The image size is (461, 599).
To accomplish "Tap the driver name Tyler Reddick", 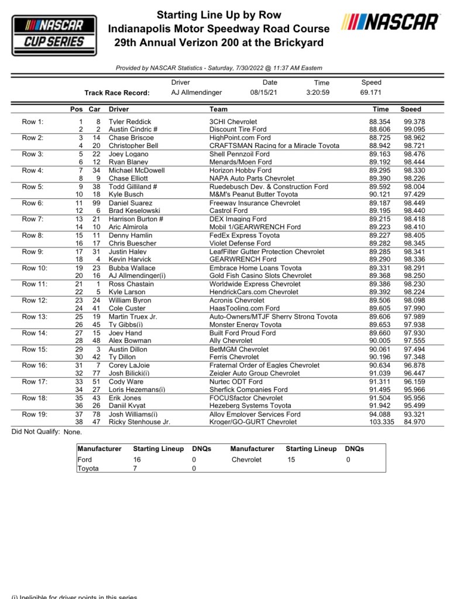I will pyautogui.click(x=130, y=122).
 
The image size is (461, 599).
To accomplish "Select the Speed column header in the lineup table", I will pyautogui.click(x=410, y=109).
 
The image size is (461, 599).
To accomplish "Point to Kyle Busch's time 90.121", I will pyautogui.click(x=380, y=194).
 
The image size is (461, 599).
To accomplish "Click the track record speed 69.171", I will pyautogui.click(x=371, y=92).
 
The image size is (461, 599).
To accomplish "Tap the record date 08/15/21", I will pyautogui.click(x=264, y=92).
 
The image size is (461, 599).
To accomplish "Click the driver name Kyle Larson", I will pyautogui.click(x=128, y=292).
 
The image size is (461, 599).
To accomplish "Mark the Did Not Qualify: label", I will pyautogui.click(x=36, y=432).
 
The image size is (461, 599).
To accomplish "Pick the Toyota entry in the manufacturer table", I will pyautogui.click(x=88, y=469).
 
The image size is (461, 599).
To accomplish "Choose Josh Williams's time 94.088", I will pyautogui.click(x=380, y=414).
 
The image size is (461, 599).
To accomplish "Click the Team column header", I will pyautogui.click(x=218, y=109).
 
